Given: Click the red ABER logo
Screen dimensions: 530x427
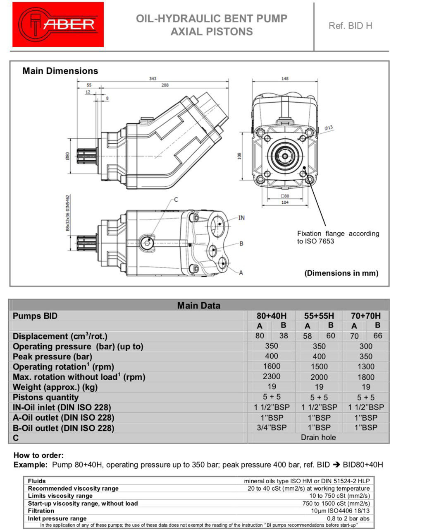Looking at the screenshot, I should click(x=58, y=24).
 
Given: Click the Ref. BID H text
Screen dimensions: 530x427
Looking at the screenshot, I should click(x=350, y=26).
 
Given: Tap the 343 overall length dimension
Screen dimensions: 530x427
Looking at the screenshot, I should click(x=153, y=79).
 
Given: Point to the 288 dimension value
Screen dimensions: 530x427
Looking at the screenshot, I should click(x=165, y=85).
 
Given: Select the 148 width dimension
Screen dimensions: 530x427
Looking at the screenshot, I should click(x=284, y=79).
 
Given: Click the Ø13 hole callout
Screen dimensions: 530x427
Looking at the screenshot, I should click(x=329, y=128).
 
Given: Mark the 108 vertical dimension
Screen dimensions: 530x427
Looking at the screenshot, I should click(x=239, y=156).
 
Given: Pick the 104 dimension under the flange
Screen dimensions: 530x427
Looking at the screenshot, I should click(x=285, y=202).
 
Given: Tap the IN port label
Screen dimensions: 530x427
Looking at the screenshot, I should click(x=241, y=218).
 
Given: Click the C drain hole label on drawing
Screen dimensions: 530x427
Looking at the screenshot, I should click(x=176, y=200).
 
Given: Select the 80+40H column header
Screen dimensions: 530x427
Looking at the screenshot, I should click(x=272, y=316).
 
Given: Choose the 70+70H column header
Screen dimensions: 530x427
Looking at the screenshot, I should click(x=366, y=316).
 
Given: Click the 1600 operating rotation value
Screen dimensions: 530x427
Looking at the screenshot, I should click(x=272, y=366).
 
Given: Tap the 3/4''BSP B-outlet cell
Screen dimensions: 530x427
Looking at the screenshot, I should click(x=272, y=428).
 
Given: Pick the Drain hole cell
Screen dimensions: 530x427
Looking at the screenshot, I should click(x=318, y=438).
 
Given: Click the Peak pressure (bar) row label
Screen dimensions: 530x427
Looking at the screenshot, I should click(x=52, y=357).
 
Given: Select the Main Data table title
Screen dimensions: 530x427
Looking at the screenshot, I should click(x=199, y=306).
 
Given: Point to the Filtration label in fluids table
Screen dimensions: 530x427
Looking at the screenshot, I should click(x=41, y=511).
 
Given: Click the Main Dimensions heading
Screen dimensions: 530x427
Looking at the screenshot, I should click(x=60, y=71).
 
